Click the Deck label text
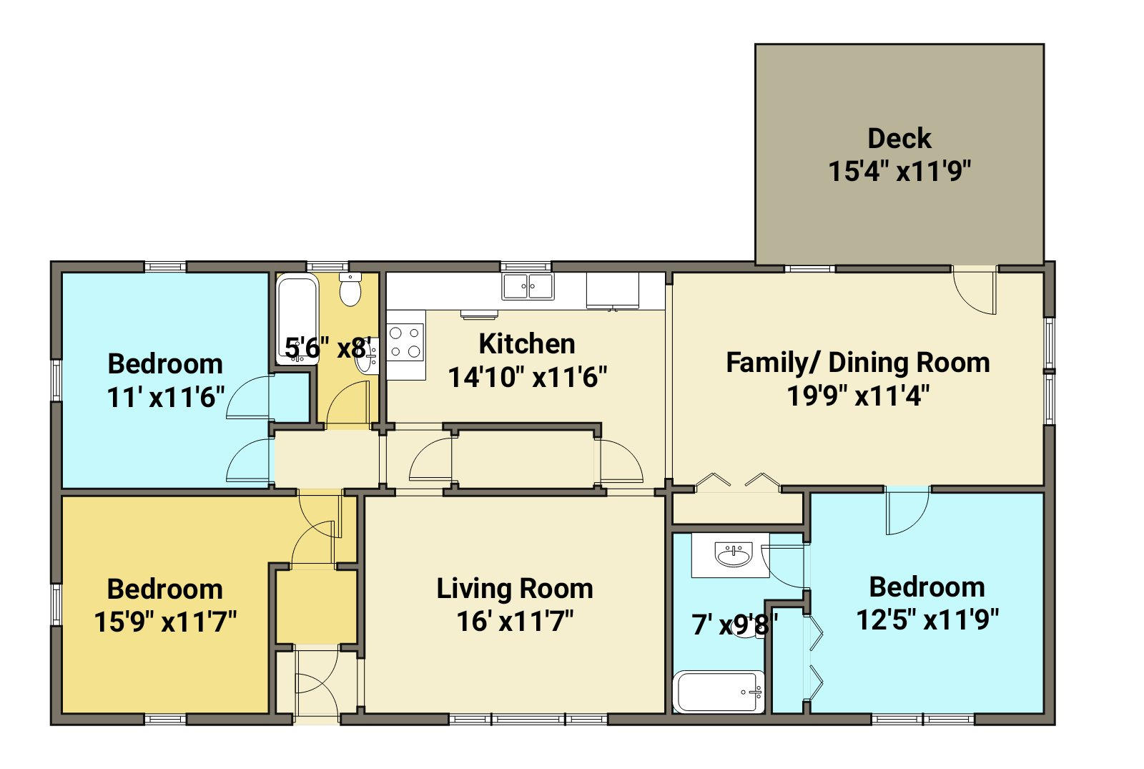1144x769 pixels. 899,139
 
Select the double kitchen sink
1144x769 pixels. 528,286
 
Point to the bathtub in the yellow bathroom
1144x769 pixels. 297,319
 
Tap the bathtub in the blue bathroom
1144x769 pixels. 719,692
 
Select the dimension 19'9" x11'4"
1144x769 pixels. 858,396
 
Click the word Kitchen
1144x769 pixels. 527,344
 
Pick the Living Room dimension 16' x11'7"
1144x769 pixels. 515,622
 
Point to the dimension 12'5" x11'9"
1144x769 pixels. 927,620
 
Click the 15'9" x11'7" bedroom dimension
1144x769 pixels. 165,622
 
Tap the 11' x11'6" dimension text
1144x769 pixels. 165,397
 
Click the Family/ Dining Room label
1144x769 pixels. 858,363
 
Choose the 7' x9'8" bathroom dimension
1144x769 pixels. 735,624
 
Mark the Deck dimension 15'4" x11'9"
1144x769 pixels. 899,171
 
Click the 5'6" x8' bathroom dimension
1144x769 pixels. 327,348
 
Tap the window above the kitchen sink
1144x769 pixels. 526,267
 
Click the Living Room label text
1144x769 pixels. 515,589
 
